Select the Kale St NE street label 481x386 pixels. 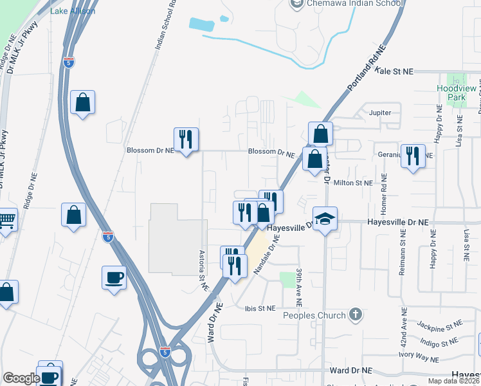394,71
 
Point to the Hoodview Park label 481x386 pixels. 456,92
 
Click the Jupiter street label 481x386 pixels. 381,113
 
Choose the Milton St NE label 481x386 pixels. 353,183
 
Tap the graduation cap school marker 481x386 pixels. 325,219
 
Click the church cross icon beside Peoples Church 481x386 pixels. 354,315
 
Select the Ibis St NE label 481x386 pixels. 260,308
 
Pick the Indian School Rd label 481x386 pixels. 165,26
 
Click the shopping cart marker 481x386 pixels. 6,221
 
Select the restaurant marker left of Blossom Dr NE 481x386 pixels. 186,139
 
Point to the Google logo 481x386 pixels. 21,378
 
